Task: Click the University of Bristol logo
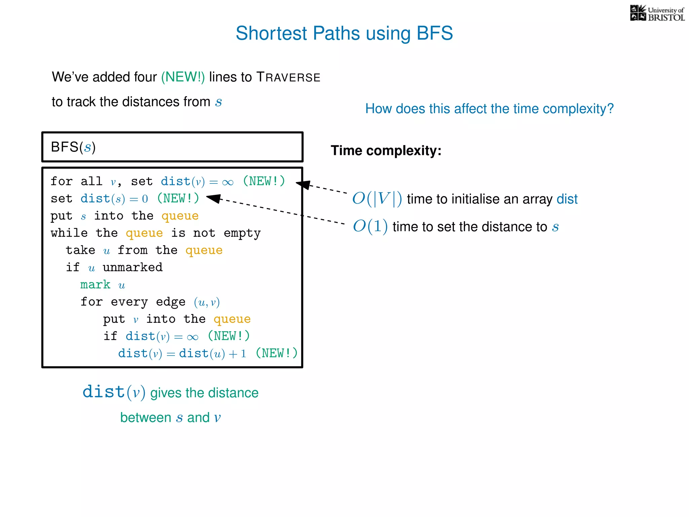(x=657, y=13)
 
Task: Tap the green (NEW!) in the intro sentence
(x=183, y=77)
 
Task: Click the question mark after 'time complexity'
(x=610, y=109)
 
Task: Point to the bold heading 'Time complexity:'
(x=386, y=150)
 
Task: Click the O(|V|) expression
(x=377, y=199)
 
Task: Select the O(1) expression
(x=370, y=226)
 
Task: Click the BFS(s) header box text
(x=73, y=147)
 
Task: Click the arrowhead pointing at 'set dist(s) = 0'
(x=214, y=198)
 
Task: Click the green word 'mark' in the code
(x=95, y=285)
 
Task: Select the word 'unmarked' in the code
(x=133, y=268)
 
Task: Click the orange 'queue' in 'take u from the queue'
(x=204, y=250)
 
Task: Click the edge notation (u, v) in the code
(x=207, y=302)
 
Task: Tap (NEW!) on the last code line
(x=276, y=353)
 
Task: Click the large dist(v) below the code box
(x=114, y=392)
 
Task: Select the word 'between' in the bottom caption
(x=146, y=418)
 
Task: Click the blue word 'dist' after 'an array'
(x=567, y=199)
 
